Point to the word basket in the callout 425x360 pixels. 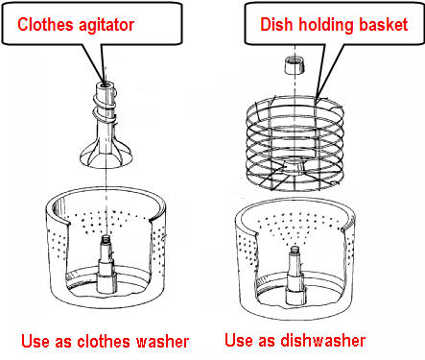pos(384,25)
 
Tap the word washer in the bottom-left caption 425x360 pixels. pos(163,342)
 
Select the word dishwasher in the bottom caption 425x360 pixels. pos(323,340)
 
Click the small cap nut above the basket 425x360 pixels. pos(294,65)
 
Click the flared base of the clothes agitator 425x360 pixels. pos(105,156)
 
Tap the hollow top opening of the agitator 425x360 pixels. pos(105,86)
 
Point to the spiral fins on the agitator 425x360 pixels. pos(105,104)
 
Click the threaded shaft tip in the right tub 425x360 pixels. pos(295,251)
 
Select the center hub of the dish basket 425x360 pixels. pos(294,167)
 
